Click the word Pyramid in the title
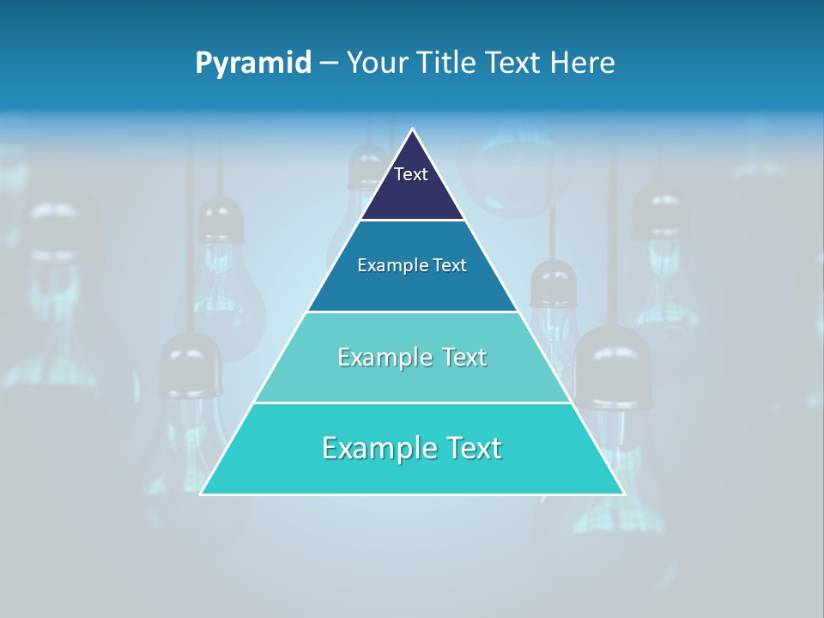point(253,64)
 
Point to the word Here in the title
point(583,63)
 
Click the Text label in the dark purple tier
point(411,174)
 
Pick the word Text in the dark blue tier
point(450,265)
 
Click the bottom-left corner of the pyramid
point(202,494)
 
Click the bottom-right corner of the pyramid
point(623,494)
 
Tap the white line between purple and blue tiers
point(412,221)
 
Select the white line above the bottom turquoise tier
point(412,403)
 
